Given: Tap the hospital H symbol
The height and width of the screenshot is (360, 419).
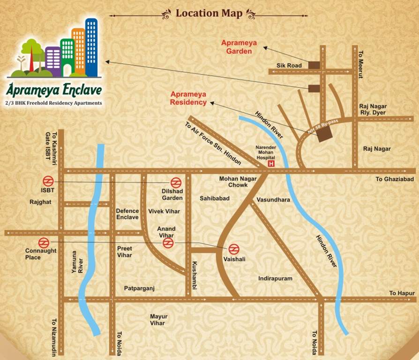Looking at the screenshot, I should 270,164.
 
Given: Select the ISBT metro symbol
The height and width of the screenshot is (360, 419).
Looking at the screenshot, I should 48,181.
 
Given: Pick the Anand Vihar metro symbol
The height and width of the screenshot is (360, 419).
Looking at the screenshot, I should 168,243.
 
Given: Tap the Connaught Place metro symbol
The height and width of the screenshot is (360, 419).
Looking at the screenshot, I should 44,242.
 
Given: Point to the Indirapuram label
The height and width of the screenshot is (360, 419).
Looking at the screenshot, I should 275,278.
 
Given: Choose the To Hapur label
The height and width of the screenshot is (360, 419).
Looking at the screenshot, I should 402,293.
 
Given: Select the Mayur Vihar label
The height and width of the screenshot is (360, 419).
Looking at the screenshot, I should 158,320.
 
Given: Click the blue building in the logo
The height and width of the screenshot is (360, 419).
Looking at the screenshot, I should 91,47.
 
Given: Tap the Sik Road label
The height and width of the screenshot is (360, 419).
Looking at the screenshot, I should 289,66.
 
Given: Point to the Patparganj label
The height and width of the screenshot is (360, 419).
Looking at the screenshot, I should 139,288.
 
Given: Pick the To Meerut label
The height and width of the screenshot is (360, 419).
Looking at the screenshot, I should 361,61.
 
